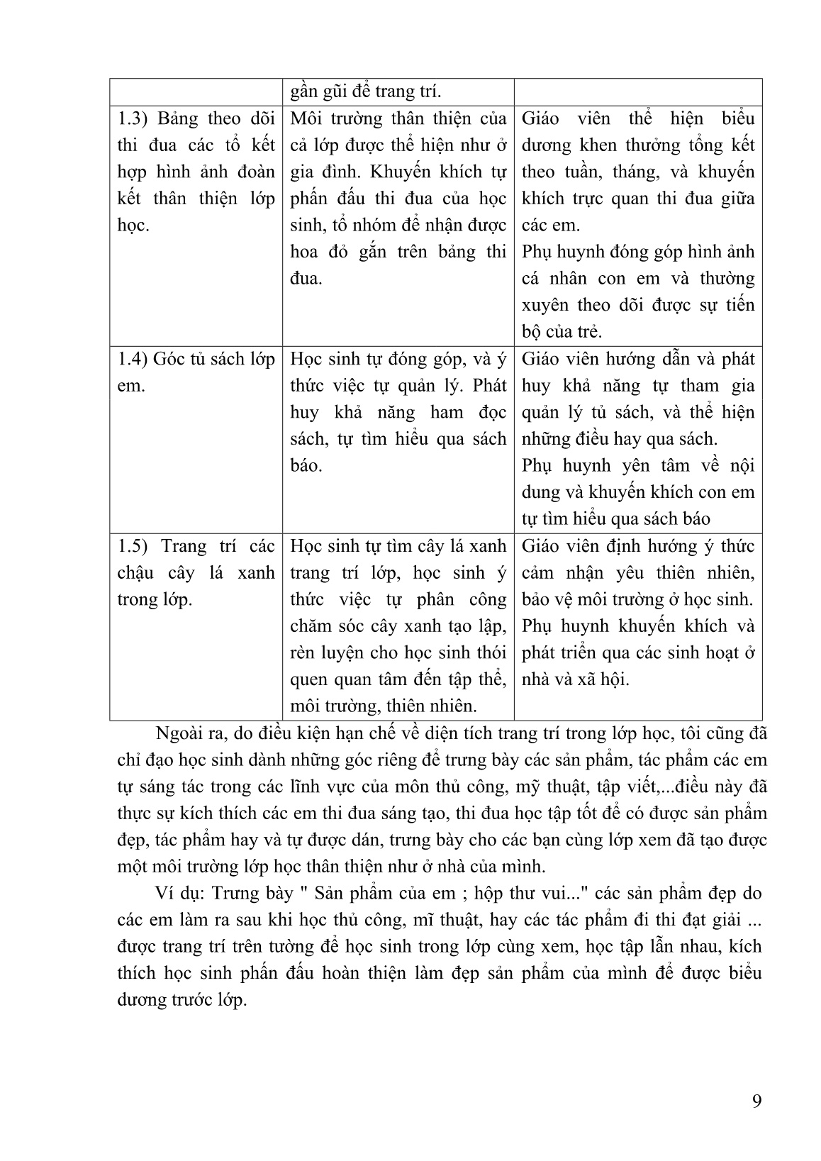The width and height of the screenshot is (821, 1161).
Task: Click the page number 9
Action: click(x=756, y=1101)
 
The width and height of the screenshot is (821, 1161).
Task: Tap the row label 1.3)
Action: click(x=132, y=118)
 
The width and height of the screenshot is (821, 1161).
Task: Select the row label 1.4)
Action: click(x=132, y=360)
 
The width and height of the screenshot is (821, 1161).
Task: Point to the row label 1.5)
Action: click(x=132, y=547)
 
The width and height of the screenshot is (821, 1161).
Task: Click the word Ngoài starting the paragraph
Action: click(x=177, y=733)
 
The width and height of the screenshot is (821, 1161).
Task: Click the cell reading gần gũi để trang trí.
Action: click(x=365, y=92)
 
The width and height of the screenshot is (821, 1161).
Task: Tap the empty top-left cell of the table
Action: click(x=196, y=92)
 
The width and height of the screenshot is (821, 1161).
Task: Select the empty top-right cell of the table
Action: click(x=637, y=92)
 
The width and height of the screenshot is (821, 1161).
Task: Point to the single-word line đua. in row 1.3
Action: click(x=306, y=279)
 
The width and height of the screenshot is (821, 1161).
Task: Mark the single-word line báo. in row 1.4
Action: click(x=306, y=466)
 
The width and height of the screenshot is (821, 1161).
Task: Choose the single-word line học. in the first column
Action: click(x=133, y=226)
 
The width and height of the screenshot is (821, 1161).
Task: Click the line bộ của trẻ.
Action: click(x=562, y=332)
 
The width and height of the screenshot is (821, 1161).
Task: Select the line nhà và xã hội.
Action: click(x=575, y=679)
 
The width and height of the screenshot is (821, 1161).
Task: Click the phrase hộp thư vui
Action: click(x=525, y=893)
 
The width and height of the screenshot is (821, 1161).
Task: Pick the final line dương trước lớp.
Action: click(x=181, y=1000)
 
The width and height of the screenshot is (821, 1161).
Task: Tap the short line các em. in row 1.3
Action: click(x=550, y=226)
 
